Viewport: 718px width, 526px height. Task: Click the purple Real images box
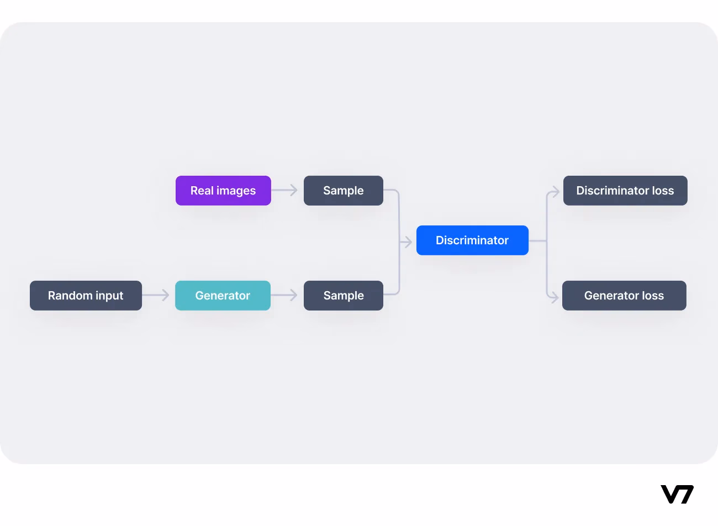[223, 191]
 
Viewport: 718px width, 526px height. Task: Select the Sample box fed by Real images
[344, 191]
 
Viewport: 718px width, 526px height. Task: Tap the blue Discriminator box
[472, 240]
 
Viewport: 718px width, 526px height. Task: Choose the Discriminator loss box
[625, 191]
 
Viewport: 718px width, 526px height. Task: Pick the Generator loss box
[624, 296]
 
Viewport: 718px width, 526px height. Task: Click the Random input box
[86, 296]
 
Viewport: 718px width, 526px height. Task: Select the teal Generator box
[223, 296]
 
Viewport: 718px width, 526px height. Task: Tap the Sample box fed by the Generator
[344, 296]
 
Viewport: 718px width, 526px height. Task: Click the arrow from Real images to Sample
[284, 190]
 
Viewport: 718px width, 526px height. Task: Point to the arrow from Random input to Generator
[155, 295]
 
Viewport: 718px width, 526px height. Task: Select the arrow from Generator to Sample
[284, 295]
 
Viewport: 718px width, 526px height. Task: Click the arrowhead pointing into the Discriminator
[408, 242]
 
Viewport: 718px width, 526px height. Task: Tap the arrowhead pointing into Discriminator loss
[555, 192]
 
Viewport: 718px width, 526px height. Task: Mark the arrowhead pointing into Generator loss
[555, 298]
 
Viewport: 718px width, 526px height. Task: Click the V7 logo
[677, 495]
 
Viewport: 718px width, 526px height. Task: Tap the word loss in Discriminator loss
[663, 191]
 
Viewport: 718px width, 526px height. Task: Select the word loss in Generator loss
[653, 296]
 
